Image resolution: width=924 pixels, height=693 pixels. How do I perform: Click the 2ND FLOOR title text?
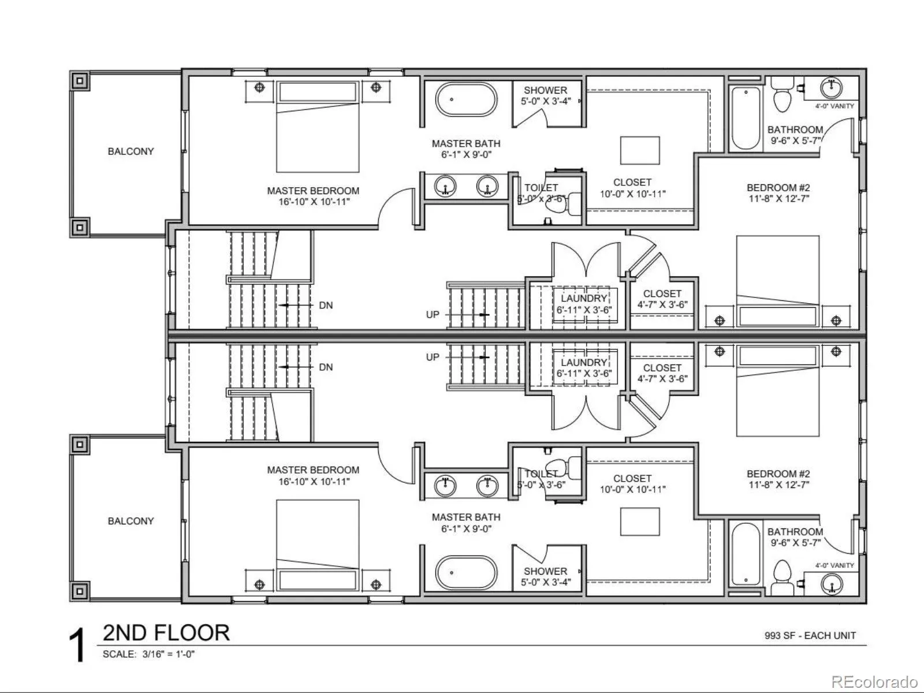[x=166, y=633]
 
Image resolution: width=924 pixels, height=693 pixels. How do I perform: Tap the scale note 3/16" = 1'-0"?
[x=169, y=654]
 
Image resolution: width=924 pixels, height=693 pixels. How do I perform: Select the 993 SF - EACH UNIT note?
[x=810, y=635]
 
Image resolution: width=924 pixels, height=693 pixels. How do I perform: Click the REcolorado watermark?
[x=874, y=681]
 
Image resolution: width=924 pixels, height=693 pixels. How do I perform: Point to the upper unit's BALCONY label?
[x=131, y=151]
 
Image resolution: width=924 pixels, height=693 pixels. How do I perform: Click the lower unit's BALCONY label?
[x=131, y=521]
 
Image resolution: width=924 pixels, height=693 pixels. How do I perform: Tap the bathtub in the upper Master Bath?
[x=466, y=99]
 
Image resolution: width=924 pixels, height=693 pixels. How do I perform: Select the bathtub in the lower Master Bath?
[x=466, y=573]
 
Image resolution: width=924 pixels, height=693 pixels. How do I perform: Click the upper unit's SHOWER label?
[x=546, y=90]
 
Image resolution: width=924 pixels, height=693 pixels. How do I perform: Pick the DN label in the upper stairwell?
[x=326, y=305]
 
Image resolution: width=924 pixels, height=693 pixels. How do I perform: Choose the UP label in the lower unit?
[x=433, y=357]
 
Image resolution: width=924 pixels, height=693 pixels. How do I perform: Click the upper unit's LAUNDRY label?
[x=584, y=299]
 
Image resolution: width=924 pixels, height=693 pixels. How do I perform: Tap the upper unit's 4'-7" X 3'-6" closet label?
[x=662, y=305]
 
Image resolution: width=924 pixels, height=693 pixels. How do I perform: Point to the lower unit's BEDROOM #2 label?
[x=778, y=474]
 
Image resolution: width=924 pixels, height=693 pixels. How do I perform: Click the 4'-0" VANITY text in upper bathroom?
[x=834, y=106]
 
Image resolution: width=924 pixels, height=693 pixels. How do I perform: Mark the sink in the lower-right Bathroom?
[x=832, y=584]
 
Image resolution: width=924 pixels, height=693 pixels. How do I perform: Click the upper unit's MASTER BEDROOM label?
[x=313, y=191]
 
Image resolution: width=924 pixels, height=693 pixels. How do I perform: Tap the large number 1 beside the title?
[x=78, y=645]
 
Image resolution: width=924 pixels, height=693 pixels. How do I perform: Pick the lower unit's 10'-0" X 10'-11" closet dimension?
[x=633, y=489]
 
